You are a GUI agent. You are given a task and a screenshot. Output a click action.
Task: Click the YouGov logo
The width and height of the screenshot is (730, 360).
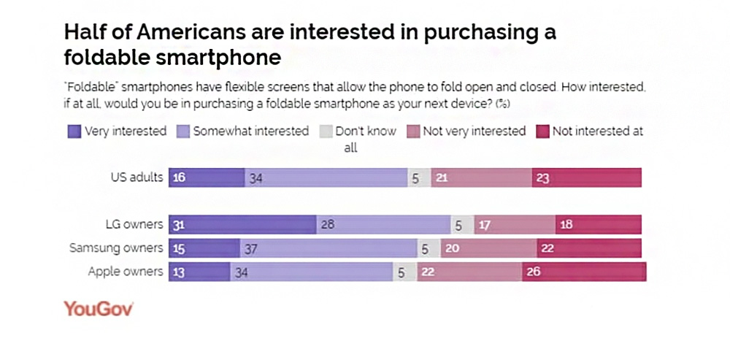point(98,308)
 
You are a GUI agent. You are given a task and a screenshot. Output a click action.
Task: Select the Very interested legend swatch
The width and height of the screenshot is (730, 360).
point(74,131)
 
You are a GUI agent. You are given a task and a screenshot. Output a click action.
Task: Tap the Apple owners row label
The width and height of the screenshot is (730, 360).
point(125,272)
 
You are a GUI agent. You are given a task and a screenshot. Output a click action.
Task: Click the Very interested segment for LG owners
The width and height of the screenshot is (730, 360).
point(242,225)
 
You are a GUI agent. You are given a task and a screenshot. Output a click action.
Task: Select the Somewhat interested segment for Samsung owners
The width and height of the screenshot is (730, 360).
point(328,248)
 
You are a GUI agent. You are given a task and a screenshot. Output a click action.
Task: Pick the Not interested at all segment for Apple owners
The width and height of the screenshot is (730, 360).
point(584,272)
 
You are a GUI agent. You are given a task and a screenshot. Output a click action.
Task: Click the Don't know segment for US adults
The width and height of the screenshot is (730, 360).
point(419,178)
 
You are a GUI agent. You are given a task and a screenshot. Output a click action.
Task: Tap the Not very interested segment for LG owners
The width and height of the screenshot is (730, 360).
point(514,225)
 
